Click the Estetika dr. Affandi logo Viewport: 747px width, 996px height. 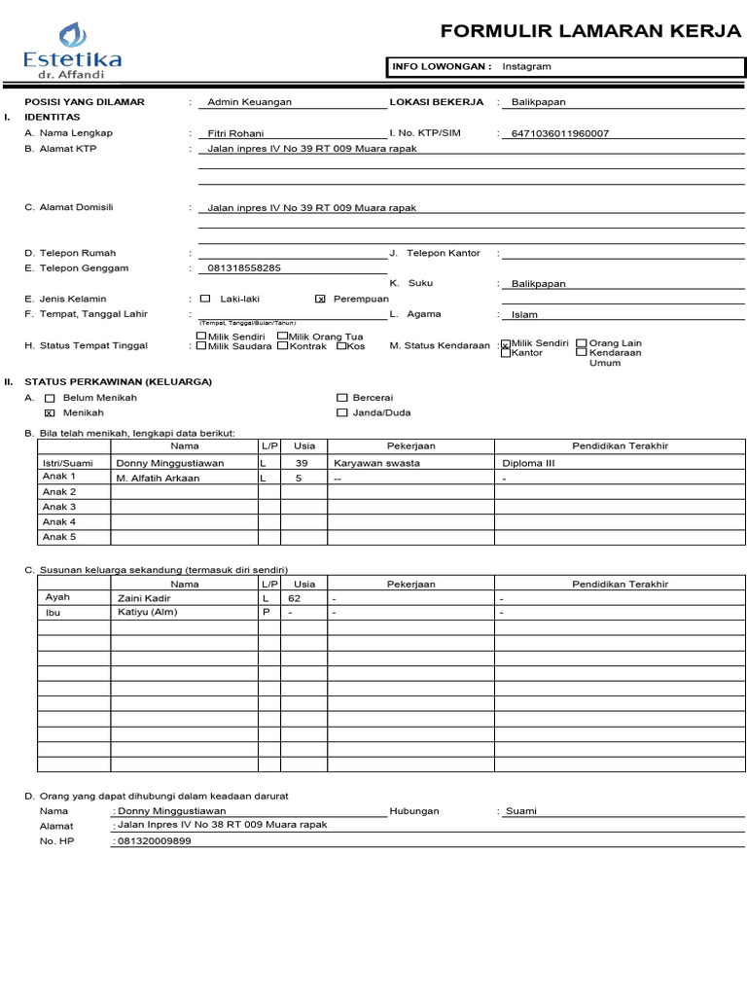click(73, 50)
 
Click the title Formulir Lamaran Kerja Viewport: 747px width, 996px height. click(590, 31)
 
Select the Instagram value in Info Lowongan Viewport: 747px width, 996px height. click(526, 67)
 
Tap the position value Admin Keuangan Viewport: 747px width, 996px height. click(249, 102)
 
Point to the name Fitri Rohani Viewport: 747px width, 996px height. click(235, 133)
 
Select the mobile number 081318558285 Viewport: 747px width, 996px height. click(244, 268)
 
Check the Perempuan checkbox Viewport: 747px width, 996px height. click(321, 300)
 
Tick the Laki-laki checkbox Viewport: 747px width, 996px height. click(204, 299)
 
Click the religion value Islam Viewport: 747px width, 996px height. click(524, 315)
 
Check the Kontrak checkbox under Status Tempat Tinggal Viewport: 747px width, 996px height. click(282, 346)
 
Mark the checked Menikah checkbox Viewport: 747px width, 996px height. click(50, 413)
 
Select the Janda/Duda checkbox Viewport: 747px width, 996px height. click(341, 413)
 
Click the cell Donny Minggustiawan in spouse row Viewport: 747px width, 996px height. click(169, 463)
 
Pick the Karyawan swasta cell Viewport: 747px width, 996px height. click(376, 463)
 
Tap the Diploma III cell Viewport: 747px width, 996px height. click(528, 463)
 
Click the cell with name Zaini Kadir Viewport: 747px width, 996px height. click(143, 599)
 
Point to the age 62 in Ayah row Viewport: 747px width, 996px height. click(295, 599)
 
